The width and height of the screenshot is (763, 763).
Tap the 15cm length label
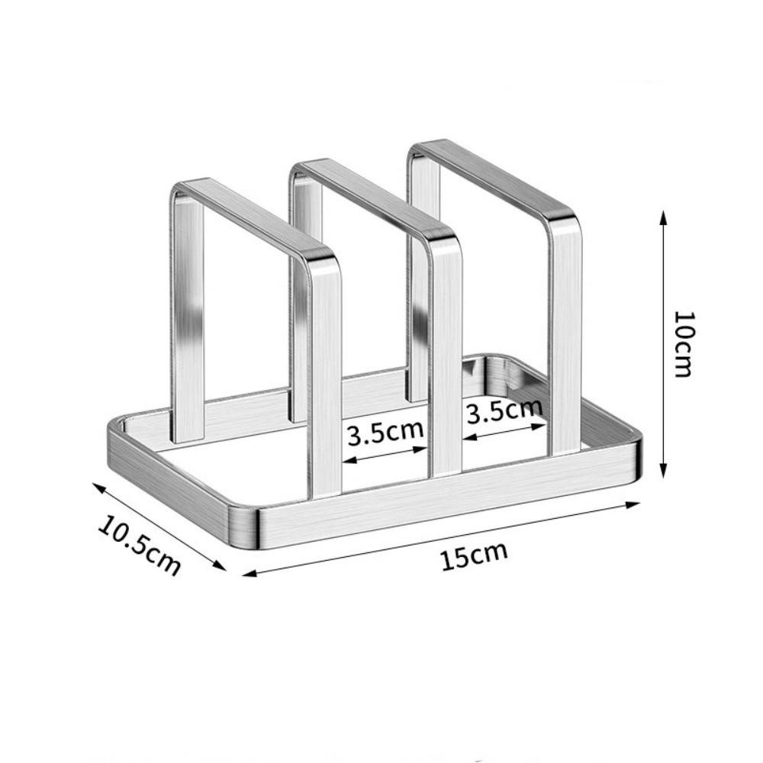pos(473,555)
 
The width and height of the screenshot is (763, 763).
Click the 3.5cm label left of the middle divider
pos(385,434)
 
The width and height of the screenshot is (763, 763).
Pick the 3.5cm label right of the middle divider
pos(504,411)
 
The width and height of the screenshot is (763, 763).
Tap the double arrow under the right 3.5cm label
pos(503,430)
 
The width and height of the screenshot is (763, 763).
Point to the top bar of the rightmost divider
pos(492,175)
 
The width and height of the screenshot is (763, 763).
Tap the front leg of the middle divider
pos(446,359)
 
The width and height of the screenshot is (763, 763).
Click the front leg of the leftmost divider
pos(326,381)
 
